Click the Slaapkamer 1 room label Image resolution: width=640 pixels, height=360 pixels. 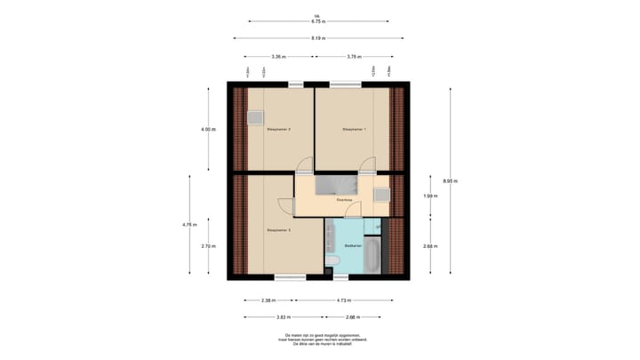355,130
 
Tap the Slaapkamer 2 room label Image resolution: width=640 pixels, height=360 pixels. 279,130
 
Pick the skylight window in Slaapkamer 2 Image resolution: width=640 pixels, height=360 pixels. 256,116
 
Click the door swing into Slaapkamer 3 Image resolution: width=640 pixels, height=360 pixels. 284,205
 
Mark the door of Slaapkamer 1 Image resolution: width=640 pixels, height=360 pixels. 368,165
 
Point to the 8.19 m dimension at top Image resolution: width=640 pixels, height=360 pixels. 318,38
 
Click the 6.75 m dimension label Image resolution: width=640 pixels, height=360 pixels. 318,20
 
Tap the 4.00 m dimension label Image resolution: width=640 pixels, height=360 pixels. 207,130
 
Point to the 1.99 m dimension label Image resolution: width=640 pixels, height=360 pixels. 428,196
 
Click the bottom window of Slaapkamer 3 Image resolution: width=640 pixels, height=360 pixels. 290,277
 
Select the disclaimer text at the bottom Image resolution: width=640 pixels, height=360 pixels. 319,339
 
